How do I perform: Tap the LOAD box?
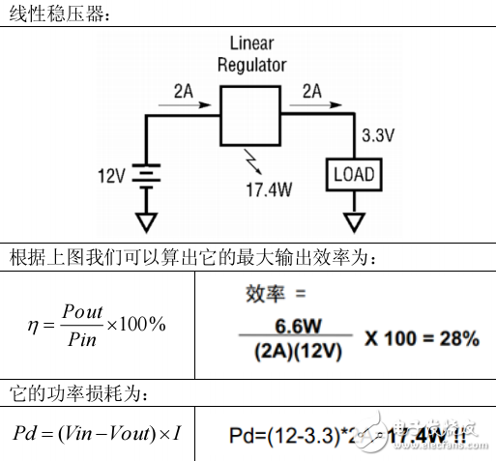354,175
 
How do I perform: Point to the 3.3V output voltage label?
377,136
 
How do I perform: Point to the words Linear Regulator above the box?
251,55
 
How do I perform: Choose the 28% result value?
453,338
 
